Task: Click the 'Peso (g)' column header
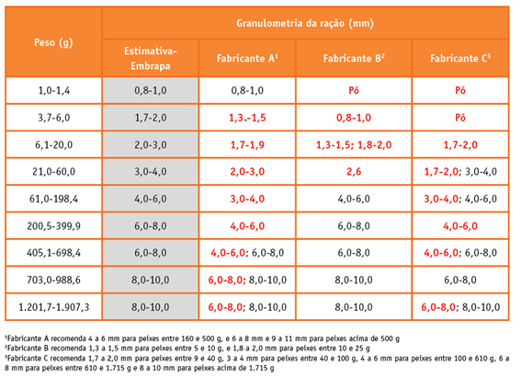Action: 53,42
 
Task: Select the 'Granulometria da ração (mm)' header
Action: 305,23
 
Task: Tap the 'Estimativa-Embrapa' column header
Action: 151,58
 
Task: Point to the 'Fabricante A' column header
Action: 247,58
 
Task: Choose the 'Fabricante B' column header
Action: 354,58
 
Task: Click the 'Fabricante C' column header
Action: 460,58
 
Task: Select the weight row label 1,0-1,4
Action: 54,90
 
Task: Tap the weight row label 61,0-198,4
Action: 54,199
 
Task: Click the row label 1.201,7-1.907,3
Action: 54,307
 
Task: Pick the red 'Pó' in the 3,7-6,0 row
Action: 460,118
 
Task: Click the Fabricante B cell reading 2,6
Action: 354,172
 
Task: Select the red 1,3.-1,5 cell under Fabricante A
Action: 247,118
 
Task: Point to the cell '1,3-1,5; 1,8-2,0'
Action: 354,145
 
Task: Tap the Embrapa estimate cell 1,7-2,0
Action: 151,118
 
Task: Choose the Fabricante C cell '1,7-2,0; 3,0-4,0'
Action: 460,172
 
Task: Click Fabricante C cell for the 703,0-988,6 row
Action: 460,280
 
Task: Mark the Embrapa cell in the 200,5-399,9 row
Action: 151,226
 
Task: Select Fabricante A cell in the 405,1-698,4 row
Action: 247,253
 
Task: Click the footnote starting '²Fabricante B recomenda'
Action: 187,349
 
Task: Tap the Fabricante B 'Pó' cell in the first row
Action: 354,90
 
